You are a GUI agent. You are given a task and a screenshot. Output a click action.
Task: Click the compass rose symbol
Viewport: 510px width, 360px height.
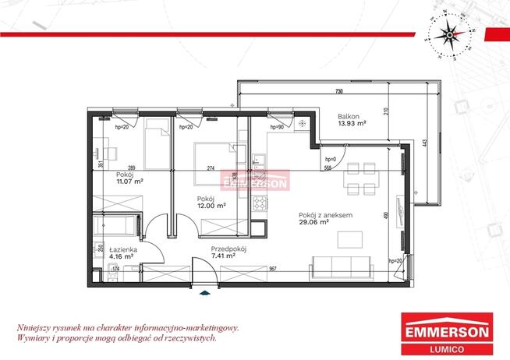[448, 33]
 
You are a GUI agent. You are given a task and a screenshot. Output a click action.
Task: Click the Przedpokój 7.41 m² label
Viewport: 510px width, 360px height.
[228, 251]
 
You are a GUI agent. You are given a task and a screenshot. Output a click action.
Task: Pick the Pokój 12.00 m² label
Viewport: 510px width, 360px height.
[211, 203]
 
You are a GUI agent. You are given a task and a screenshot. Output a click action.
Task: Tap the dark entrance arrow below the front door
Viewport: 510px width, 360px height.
[205, 294]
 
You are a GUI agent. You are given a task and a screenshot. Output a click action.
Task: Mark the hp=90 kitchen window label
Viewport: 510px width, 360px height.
[275, 126]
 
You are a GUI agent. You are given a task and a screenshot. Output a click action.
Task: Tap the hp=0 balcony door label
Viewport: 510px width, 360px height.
[330, 159]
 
